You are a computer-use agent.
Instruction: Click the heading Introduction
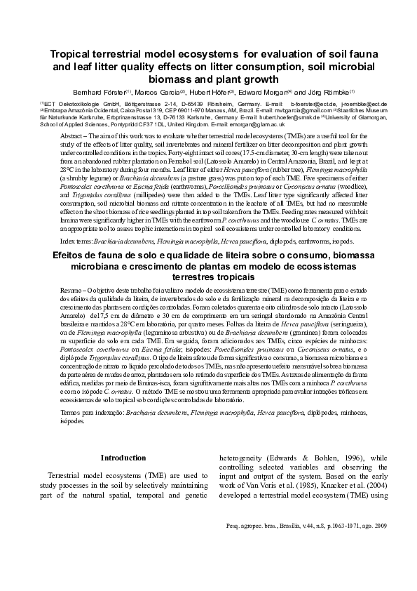(x=123, y=458)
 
